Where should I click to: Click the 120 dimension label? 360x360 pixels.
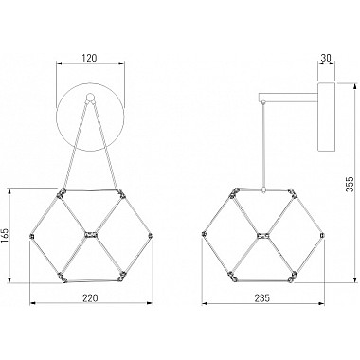pos(89,58)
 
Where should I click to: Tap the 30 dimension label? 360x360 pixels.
pos(326,58)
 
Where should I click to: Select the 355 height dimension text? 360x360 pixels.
pos(351,184)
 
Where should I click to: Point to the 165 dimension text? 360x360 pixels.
pos(6,236)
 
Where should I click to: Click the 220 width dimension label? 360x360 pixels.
pos(90,297)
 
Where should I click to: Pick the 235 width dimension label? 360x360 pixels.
pos(262,297)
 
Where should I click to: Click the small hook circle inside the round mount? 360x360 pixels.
pos(90,96)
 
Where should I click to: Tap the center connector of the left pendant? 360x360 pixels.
pos(91,235)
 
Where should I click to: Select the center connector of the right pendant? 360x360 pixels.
pos(262,235)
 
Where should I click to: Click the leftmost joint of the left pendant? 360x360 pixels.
pos(31,236)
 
